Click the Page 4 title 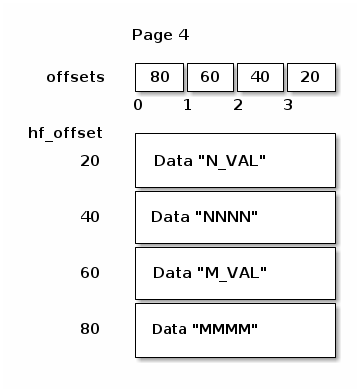point(160,35)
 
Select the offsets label point(75,77)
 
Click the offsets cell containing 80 point(159,76)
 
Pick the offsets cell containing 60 point(209,76)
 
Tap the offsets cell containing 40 point(259,76)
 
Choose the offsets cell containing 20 point(310,76)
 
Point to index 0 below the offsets point(137,104)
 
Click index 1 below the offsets point(187,104)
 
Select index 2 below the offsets point(238,104)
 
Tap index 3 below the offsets point(288,104)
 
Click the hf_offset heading point(66,132)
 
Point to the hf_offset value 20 point(91,160)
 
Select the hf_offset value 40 point(91,216)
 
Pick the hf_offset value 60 point(91,272)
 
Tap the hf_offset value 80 point(91,328)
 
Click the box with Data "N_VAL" point(235,160)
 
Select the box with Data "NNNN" point(235,216)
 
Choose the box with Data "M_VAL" point(235,272)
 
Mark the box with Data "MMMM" point(235,329)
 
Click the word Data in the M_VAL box point(171,272)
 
